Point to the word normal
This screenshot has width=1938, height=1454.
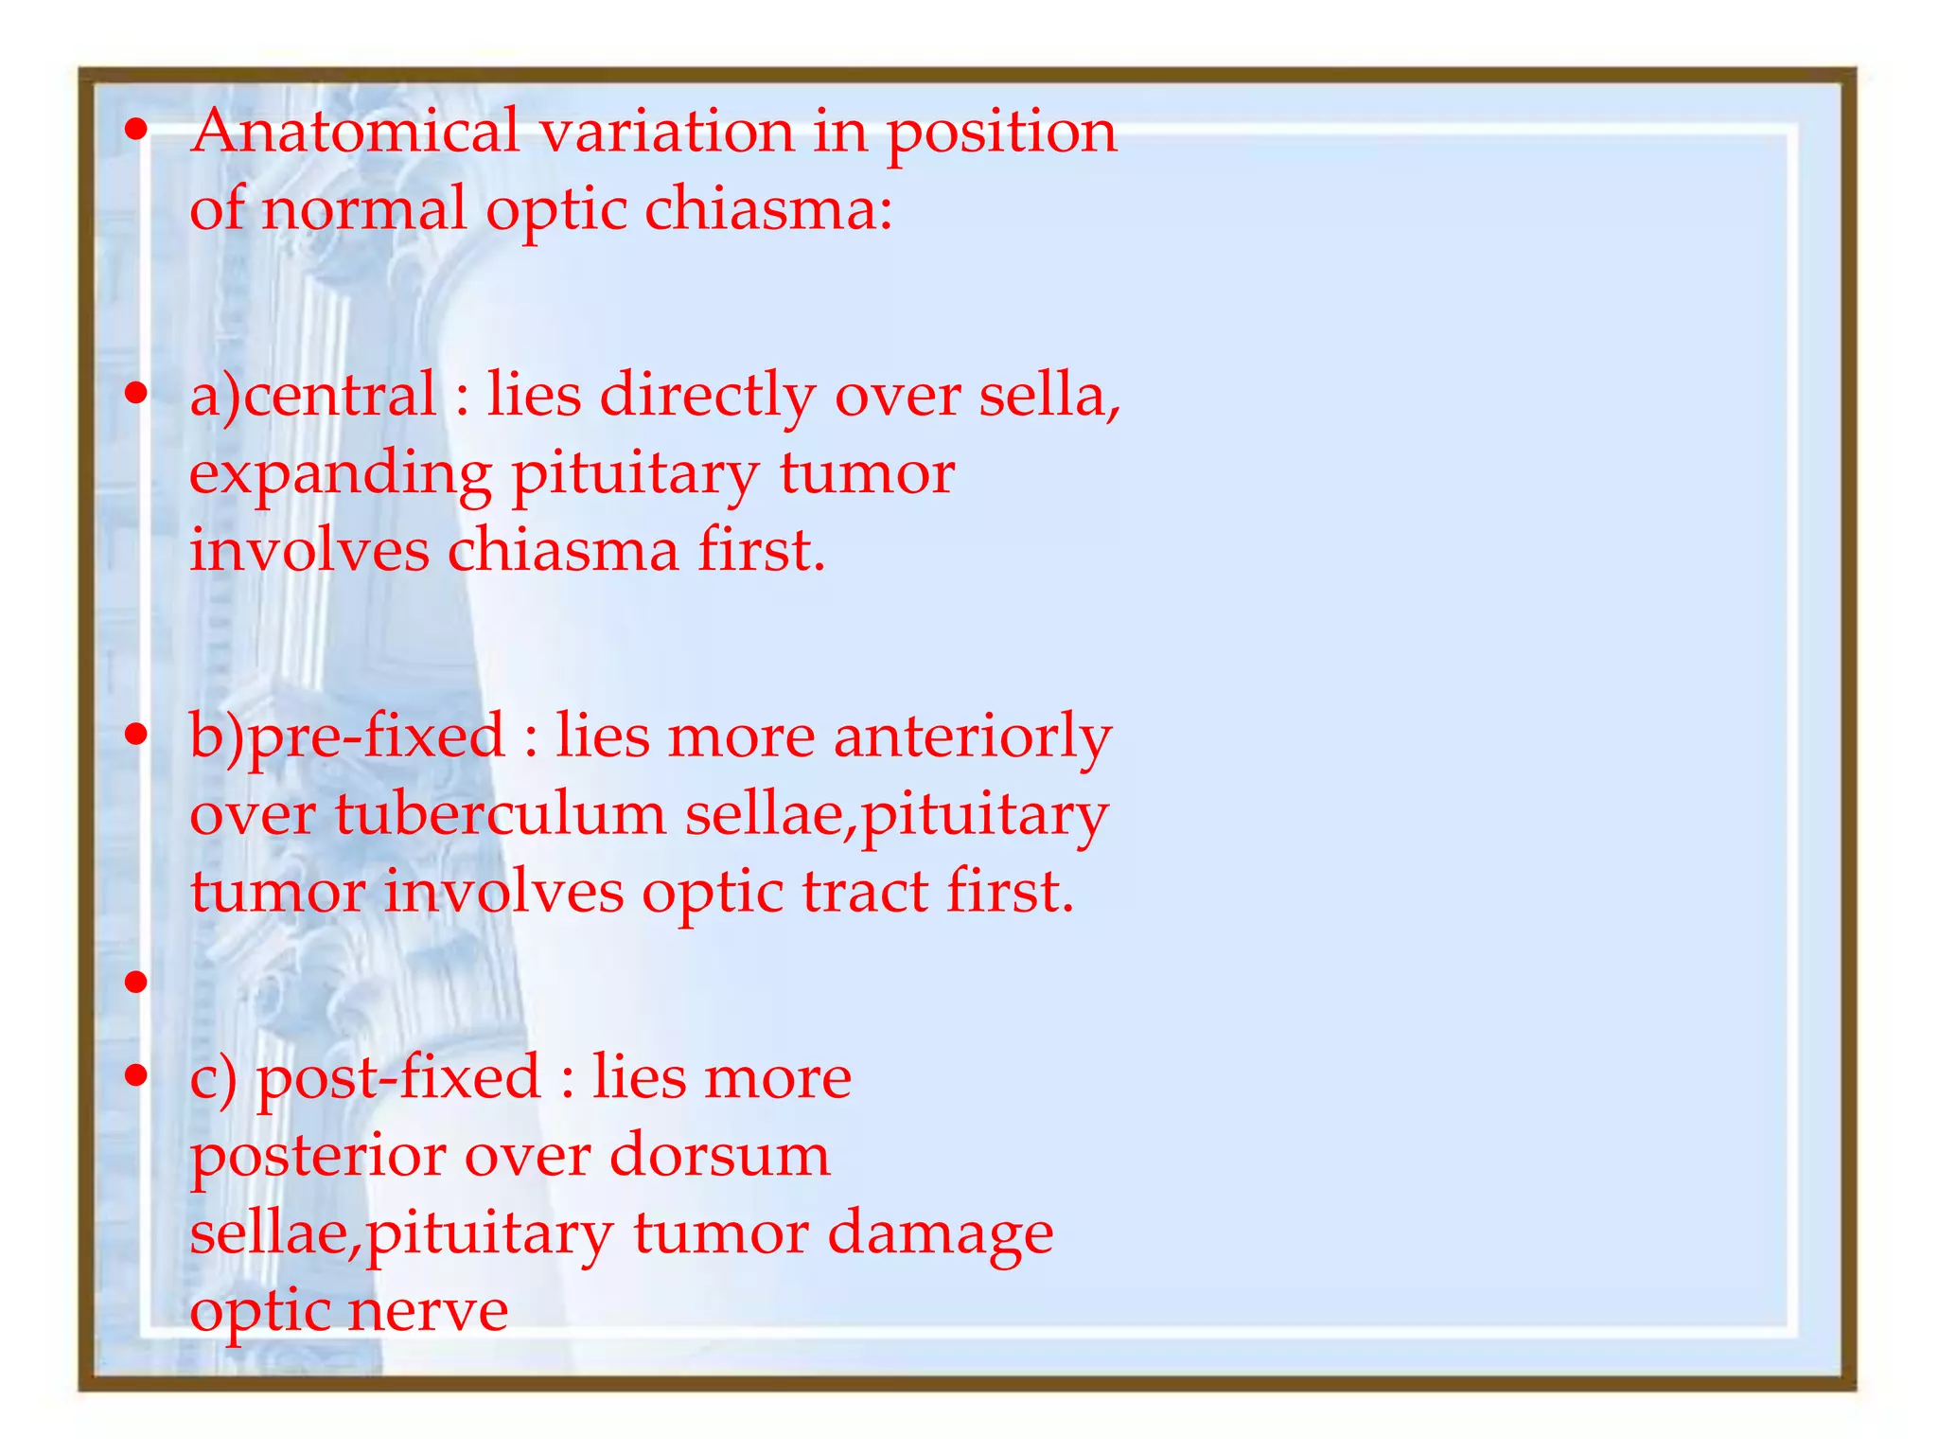[363, 208]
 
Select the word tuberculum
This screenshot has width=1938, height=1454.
[501, 814]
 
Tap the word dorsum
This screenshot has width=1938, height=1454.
[719, 1155]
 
